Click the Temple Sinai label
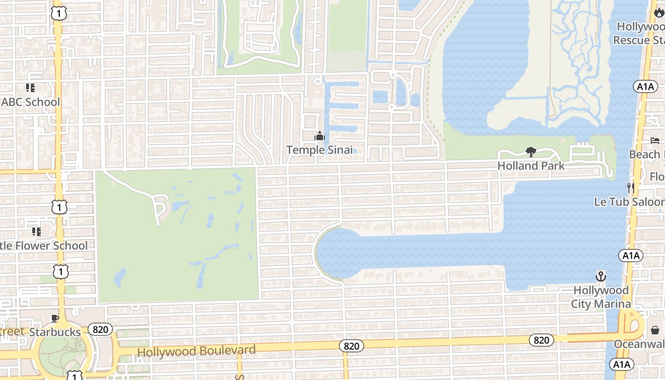point(320,150)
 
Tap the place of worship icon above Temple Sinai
point(320,137)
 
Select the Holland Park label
point(531,166)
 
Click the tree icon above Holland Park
point(531,152)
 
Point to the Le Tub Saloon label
point(629,202)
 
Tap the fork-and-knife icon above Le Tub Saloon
point(630,188)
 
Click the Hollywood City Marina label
point(601,297)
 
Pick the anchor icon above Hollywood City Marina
point(601,276)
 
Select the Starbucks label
point(55,332)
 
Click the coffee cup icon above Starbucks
point(55,318)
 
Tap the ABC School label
point(31,102)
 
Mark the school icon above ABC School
point(30,88)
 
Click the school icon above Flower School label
point(37,232)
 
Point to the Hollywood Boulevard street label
point(196,351)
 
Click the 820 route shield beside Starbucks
point(100,329)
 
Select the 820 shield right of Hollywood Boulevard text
point(351,346)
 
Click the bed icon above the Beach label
point(655,141)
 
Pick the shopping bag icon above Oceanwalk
point(655,330)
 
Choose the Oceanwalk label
point(639,343)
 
